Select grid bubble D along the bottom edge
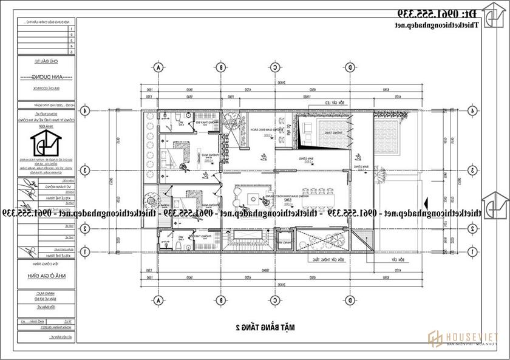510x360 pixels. coord(350,300)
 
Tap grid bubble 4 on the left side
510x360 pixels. coord(86,110)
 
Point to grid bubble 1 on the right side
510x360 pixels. coord(471,251)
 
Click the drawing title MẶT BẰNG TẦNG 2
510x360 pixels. coord(265,328)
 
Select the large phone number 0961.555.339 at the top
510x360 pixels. coord(437,13)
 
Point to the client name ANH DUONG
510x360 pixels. coord(46,78)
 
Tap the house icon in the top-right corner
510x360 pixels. coord(492,13)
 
